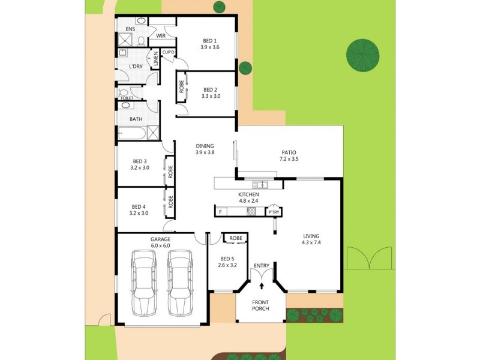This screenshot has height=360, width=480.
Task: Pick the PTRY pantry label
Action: point(274,212)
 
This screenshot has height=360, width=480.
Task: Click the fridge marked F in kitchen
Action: point(220,212)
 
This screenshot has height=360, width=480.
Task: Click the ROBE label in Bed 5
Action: point(236,238)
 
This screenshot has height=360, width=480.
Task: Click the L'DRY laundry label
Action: point(136,66)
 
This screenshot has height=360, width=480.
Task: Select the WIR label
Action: point(160,36)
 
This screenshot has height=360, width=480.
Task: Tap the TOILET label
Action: point(127,98)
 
